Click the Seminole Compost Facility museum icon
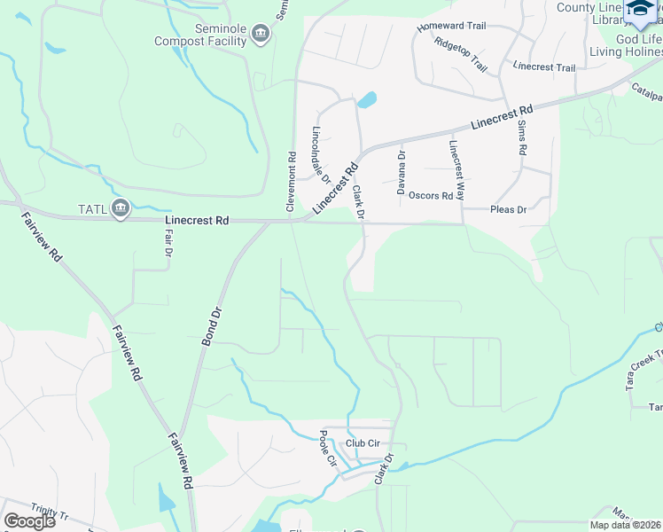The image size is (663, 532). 260,35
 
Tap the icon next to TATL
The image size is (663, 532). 121,209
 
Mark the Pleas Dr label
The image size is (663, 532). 509,210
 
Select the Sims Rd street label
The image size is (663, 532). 522,137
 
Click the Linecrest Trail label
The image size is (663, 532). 544,67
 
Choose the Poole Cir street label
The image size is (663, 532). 328,449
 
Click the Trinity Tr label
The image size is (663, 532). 49,511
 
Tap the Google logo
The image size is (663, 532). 29,521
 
